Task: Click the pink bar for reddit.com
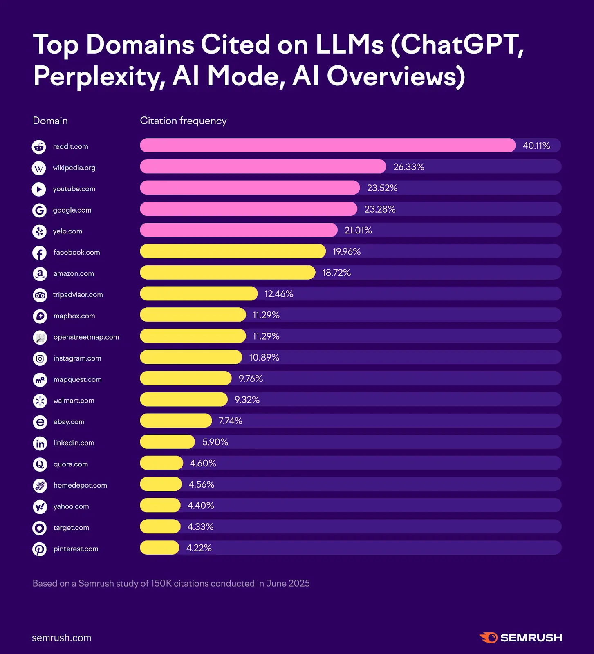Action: pos(327,146)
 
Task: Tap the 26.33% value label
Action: pos(408,167)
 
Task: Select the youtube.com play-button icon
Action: pos(39,189)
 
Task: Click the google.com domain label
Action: pos(72,210)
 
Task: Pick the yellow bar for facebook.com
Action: pos(233,251)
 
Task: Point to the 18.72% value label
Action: pos(336,273)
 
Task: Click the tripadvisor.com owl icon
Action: pos(40,295)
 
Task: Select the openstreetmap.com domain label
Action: pos(86,337)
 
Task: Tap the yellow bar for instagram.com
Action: pos(191,357)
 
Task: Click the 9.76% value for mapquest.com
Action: pos(251,379)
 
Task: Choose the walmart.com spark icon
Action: pos(40,401)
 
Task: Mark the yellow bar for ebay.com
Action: pos(176,421)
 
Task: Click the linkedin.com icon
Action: pos(40,443)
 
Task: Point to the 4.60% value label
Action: pos(203,463)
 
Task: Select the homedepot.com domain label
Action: pos(80,485)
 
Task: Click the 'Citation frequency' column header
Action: pos(183,121)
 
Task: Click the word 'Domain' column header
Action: pos(50,121)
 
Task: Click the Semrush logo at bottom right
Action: pos(520,638)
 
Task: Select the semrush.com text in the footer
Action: pos(61,638)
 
